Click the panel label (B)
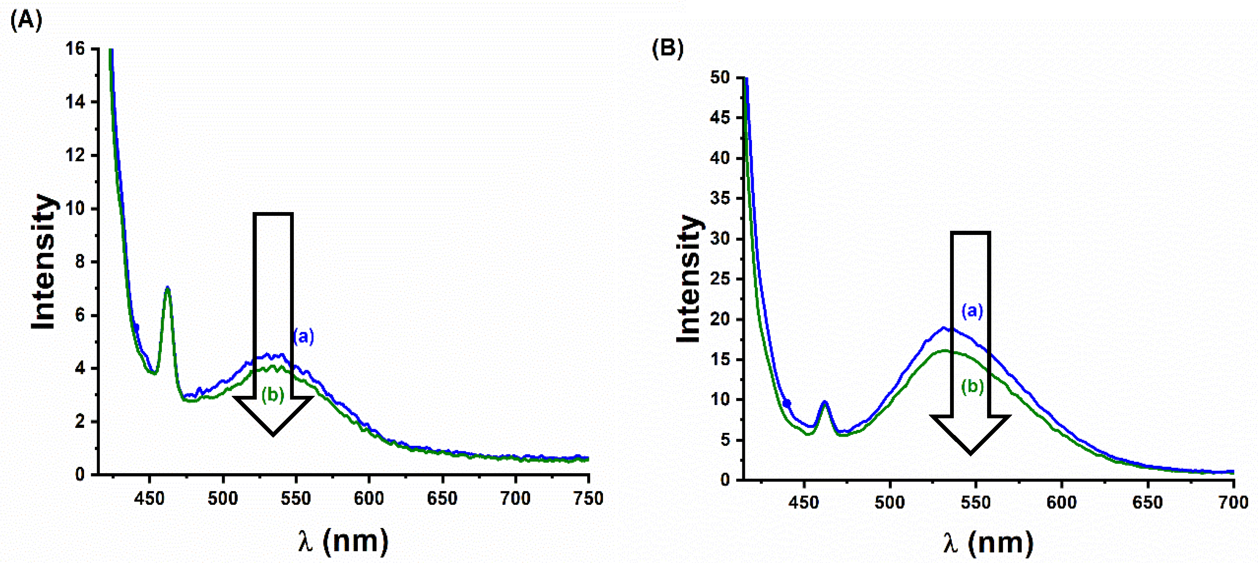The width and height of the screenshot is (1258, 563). [x=667, y=48]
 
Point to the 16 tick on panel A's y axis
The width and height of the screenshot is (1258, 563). [x=75, y=49]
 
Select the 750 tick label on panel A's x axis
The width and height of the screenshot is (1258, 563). [x=588, y=499]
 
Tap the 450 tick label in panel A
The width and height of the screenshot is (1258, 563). [x=149, y=499]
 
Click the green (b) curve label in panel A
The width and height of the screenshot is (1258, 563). [x=273, y=395]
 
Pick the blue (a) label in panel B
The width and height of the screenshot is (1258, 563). [x=972, y=311]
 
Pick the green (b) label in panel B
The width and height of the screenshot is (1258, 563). [x=972, y=387]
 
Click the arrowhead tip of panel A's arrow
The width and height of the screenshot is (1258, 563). [x=273, y=434]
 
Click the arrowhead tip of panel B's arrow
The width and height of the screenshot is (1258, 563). [x=970, y=453]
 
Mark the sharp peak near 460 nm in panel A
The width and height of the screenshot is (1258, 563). [x=168, y=288]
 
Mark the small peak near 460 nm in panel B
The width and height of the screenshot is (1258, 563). [x=825, y=402]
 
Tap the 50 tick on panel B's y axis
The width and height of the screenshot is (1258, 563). [x=720, y=78]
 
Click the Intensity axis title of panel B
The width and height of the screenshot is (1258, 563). [x=689, y=279]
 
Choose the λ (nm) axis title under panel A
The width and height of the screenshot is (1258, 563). [x=343, y=541]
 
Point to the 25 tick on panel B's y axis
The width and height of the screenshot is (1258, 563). [x=720, y=279]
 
